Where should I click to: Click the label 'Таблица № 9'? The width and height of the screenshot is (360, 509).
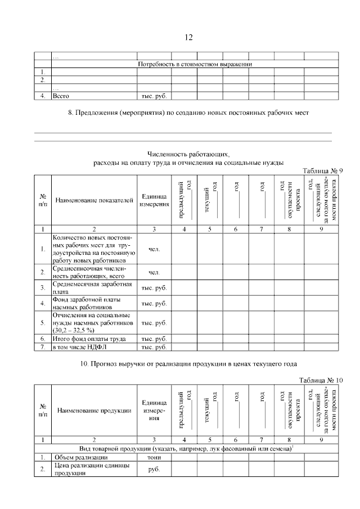(322, 171)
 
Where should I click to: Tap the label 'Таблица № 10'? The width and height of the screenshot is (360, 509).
(321, 380)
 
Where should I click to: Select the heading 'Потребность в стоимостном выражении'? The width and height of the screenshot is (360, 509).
(195, 64)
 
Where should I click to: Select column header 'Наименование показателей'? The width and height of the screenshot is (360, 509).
(94, 200)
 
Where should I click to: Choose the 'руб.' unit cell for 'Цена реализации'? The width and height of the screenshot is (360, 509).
(154, 470)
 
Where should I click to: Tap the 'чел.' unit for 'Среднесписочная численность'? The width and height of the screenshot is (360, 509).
(154, 273)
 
